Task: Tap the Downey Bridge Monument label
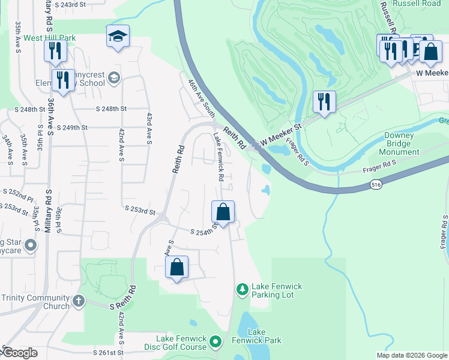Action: (x=399, y=143)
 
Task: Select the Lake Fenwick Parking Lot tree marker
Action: (x=242, y=290)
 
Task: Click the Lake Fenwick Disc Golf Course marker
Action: (x=216, y=343)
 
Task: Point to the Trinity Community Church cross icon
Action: (x=79, y=301)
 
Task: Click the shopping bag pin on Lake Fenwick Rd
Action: (x=223, y=212)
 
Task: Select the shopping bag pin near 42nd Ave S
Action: (x=176, y=268)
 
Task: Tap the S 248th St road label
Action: (x=111, y=109)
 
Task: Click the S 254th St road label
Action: (x=204, y=232)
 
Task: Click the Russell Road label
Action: (x=418, y=3)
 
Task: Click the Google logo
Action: (x=21, y=353)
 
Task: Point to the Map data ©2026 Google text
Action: (x=412, y=355)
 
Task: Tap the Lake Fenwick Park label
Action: (x=265, y=336)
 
